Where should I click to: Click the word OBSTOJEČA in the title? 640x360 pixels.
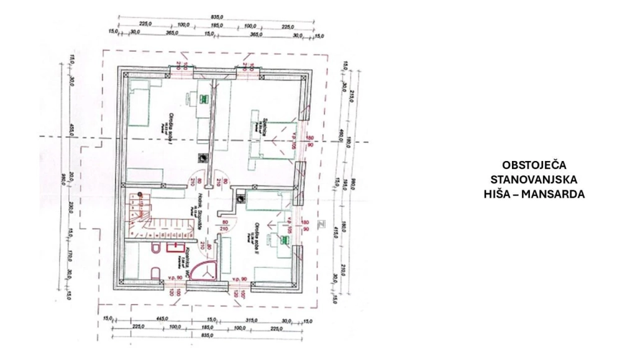534,165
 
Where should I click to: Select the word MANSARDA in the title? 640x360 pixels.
552,194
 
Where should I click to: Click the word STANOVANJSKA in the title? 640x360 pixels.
534,180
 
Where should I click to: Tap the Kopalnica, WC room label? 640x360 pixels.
187,254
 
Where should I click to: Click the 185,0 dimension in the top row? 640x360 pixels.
217,26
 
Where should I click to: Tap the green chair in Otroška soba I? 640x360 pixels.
203,98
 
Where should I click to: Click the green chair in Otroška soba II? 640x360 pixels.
286,238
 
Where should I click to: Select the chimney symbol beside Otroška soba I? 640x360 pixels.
202,158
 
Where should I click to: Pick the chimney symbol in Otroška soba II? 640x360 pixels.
240,198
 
